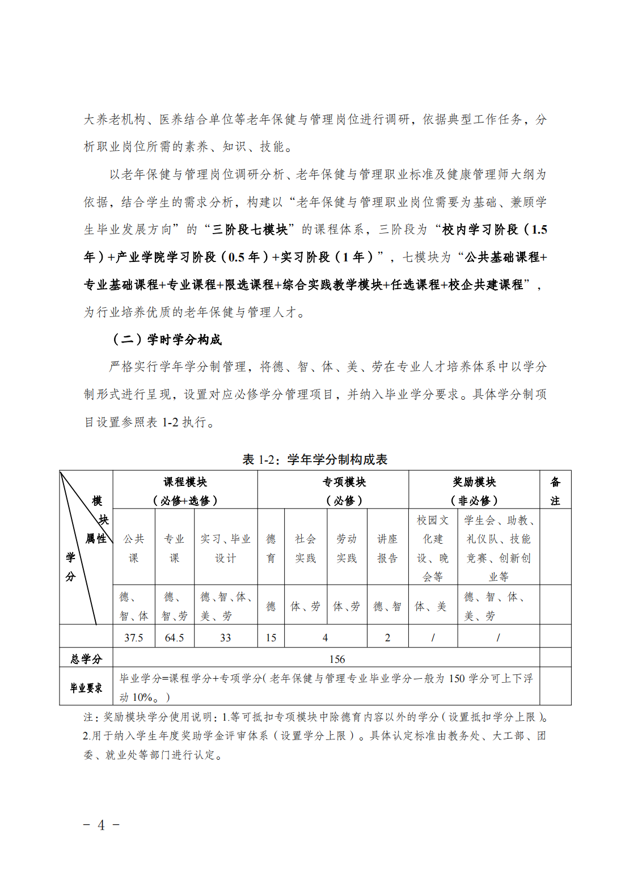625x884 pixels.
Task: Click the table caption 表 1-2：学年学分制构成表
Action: pos(315,459)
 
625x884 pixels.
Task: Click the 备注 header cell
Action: pos(555,490)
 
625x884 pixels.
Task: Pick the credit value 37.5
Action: pos(134,637)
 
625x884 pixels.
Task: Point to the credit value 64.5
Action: pos(174,637)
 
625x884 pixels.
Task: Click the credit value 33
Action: pos(226,637)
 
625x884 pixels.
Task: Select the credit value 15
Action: pos(271,637)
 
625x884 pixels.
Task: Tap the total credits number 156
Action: pos(337,659)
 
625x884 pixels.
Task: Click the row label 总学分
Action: pos(86,659)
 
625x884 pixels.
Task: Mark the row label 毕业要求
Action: pos(86,688)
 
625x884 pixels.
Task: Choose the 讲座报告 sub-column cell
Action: pos(387,548)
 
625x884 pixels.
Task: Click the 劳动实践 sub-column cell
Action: pos(347,548)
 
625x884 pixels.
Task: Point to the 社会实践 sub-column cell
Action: pos(305,548)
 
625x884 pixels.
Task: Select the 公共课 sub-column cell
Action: pos(134,548)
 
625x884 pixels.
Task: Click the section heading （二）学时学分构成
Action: pos(167,340)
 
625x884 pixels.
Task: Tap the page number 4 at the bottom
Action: pos(101,825)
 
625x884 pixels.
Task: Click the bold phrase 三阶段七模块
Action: pos(250,230)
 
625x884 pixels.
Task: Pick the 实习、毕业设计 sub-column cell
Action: pos(226,548)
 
